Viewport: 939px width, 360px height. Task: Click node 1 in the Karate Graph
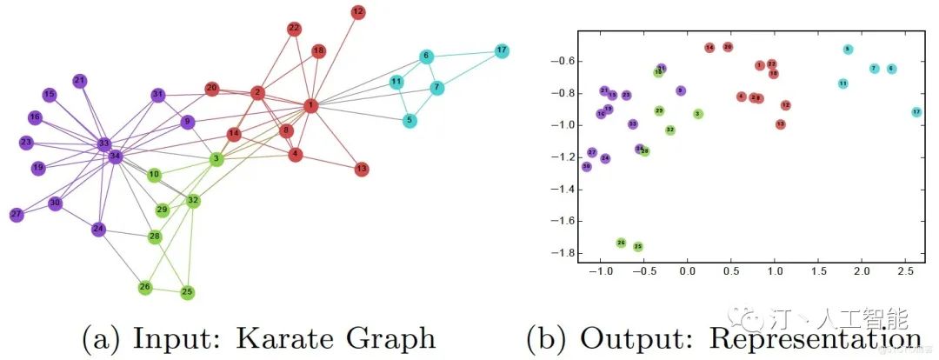point(310,105)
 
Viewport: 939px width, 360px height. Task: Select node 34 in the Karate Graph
point(115,157)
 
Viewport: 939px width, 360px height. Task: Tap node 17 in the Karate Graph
point(502,50)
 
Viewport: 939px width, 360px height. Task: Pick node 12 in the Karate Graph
point(358,12)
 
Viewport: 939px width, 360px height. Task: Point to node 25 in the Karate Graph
point(187,292)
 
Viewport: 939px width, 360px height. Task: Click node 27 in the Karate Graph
point(17,215)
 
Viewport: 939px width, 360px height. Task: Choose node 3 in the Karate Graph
point(216,159)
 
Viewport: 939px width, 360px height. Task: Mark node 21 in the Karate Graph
point(80,81)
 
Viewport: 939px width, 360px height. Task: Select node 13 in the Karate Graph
point(362,169)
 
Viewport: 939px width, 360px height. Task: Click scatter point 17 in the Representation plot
point(916,112)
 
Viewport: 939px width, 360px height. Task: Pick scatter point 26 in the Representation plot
point(621,243)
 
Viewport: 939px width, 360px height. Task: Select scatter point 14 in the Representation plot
point(709,47)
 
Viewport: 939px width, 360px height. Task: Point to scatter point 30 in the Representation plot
point(586,166)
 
